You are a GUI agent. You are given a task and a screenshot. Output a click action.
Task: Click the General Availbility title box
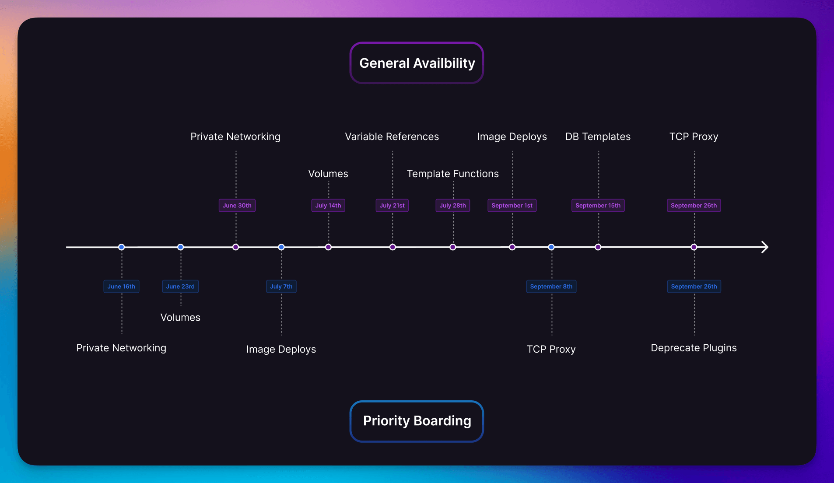coord(417,63)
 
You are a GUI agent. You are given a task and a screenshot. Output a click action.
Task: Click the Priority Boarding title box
coord(417,421)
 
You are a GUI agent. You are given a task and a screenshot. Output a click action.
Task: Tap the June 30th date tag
coord(237,206)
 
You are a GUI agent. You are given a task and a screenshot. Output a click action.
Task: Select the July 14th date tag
coord(328,206)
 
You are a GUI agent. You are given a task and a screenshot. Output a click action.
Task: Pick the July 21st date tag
coord(392,206)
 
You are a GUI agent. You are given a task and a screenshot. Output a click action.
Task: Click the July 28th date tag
coord(452,206)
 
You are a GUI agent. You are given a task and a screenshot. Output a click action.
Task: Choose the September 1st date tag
coord(512,206)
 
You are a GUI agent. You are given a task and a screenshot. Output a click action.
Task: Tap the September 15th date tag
coord(598,206)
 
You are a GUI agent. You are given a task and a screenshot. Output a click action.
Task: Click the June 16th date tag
coord(121,287)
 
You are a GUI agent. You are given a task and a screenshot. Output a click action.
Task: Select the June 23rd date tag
coord(180,287)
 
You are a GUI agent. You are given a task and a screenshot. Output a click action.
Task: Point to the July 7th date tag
coord(281,287)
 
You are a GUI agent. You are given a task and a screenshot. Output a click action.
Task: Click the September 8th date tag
coord(551,287)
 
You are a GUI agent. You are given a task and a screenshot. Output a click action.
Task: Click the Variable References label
coord(392,136)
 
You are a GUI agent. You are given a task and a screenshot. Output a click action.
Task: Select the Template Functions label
coord(452,174)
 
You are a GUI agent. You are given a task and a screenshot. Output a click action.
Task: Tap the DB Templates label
coord(598,136)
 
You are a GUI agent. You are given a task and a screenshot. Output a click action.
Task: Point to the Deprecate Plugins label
coord(694,348)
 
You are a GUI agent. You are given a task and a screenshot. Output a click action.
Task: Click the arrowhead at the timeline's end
coord(764,247)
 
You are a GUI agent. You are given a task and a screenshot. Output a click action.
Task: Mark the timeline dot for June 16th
coord(122,247)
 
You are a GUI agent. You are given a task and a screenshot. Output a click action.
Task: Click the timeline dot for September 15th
coord(598,247)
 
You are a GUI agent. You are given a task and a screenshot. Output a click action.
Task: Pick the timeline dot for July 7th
coord(281,247)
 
